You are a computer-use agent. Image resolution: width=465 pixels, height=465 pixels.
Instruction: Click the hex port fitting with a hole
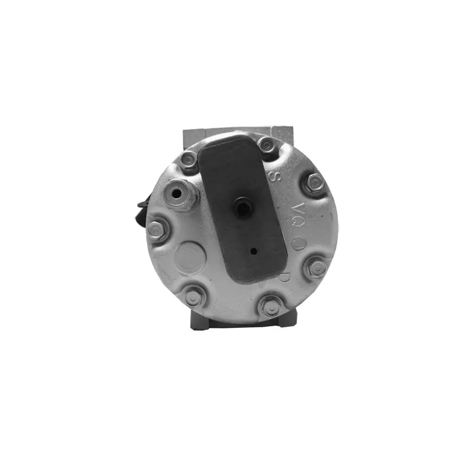(x=181, y=193)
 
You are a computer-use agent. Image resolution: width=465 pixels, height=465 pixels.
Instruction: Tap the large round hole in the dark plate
(x=243, y=206)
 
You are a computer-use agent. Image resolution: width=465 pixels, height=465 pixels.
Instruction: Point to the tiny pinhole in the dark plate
(x=254, y=252)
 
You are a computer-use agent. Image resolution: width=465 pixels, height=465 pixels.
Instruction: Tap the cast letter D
(x=284, y=277)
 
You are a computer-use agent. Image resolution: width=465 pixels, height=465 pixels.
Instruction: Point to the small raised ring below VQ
(x=298, y=242)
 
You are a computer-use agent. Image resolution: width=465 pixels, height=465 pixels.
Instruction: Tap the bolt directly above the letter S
(x=267, y=144)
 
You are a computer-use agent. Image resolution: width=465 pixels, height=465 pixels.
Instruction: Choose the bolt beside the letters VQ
(x=314, y=183)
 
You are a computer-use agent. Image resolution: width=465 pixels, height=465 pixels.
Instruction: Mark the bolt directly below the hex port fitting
(x=156, y=230)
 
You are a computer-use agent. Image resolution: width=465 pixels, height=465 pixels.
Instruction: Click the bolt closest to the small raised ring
(x=317, y=267)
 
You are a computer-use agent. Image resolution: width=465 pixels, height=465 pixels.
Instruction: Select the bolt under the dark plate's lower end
(x=269, y=305)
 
